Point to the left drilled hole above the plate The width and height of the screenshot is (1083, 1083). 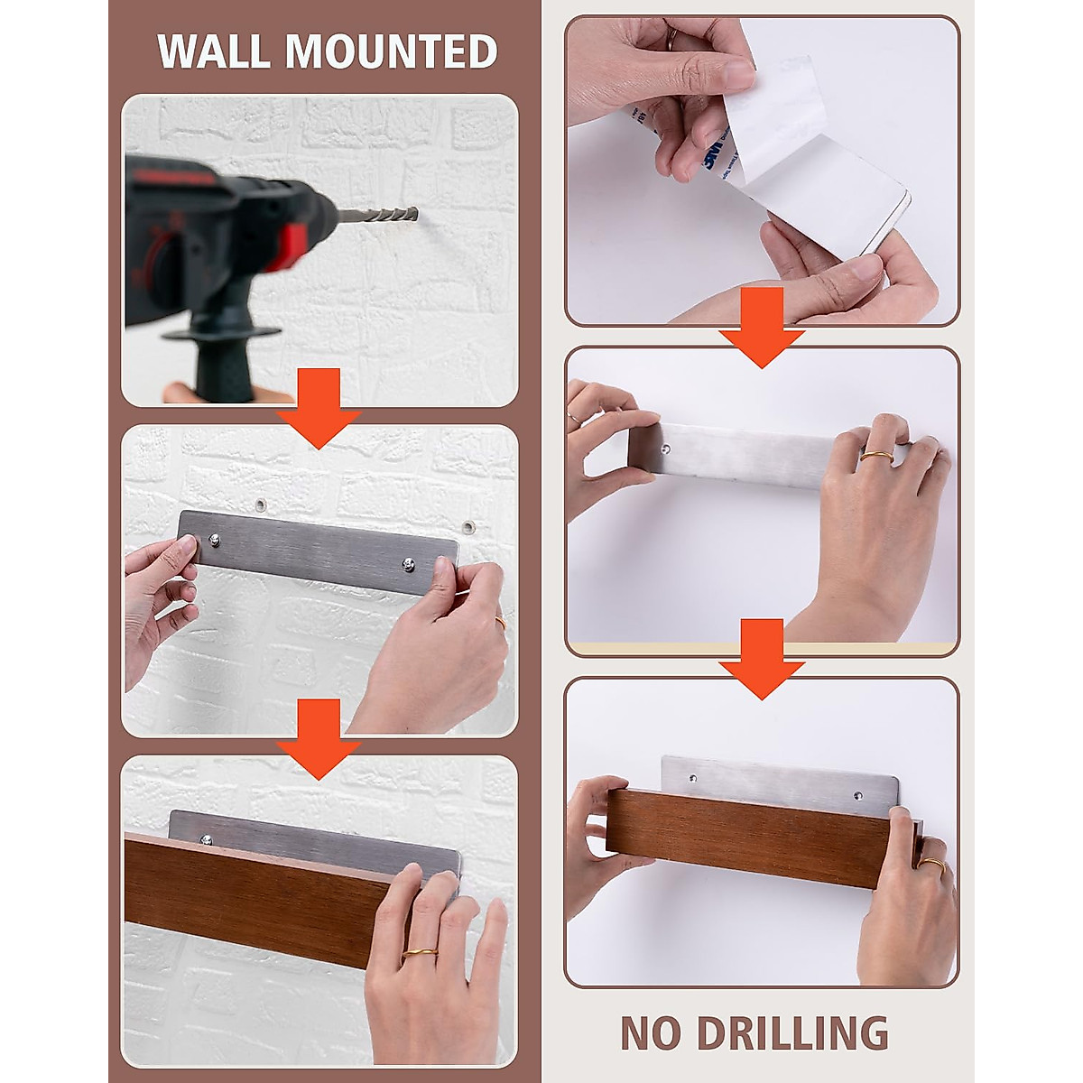[x=261, y=504]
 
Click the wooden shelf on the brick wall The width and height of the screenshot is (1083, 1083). [x=271, y=889]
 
